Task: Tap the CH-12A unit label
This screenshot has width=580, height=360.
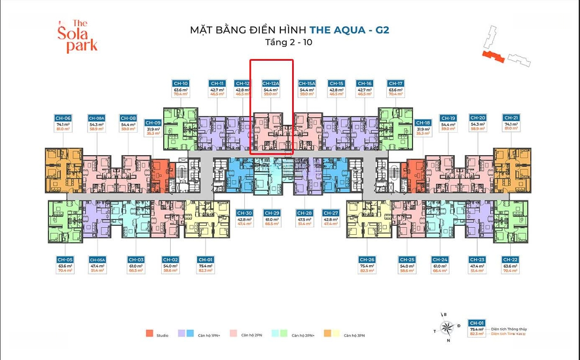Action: pos(271,84)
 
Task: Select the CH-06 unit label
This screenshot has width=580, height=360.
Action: pos(63,118)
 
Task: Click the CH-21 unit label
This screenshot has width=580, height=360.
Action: pos(511,118)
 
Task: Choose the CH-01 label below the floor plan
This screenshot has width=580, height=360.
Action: pos(205,260)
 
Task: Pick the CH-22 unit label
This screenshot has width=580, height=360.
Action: pos(510,260)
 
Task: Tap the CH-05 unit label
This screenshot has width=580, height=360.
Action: pos(65,260)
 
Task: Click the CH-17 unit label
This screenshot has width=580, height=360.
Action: pos(395,84)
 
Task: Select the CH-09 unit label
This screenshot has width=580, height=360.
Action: pos(153,123)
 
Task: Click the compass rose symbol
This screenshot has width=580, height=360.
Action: pos(445,327)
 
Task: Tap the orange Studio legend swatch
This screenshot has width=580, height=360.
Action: pos(149,334)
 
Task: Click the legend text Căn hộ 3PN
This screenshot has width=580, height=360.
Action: pos(354,335)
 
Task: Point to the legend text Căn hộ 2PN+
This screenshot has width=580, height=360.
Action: pos(302,335)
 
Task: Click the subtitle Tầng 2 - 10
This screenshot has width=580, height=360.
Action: pos(289,42)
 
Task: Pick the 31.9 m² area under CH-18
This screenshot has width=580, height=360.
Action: pos(423,129)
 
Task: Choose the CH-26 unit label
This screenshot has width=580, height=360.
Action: pos(367,260)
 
